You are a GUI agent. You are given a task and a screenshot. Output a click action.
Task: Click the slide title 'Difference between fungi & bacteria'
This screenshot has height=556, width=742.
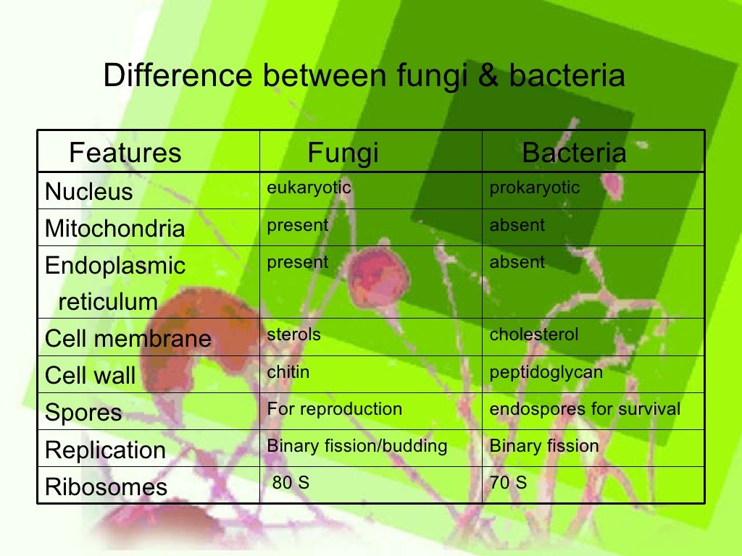click(x=364, y=76)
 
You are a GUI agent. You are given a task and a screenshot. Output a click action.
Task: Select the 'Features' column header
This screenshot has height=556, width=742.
click(x=125, y=153)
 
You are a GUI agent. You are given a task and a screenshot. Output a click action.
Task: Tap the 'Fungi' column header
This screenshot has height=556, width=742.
click(x=343, y=153)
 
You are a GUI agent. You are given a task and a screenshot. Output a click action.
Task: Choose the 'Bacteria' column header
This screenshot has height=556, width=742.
click(x=574, y=153)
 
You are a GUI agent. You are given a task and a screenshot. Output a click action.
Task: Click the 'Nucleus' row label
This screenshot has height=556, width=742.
click(x=89, y=192)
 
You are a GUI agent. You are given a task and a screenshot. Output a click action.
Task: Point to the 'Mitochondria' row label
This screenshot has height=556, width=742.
click(x=115, y=229)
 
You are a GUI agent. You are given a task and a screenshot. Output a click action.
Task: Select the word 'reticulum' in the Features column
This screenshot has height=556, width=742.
click(x=108, y=302)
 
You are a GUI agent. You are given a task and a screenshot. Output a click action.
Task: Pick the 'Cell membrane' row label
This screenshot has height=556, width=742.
click(x=128, y=339)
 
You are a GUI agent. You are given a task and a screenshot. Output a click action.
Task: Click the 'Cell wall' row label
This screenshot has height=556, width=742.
click(x=91, y=376)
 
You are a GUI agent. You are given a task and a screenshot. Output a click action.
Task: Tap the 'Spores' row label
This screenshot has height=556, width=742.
click(x=83, y=413)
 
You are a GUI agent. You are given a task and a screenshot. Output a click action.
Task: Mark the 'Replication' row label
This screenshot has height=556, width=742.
click(x=106, y=450)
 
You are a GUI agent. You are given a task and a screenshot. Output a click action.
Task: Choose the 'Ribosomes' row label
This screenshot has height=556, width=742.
click(x=106, y=486)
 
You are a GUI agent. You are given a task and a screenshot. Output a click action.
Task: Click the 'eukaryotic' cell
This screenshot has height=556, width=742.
click(x=309, y=188)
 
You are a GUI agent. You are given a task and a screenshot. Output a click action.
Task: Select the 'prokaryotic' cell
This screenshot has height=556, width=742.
click(x=535, y=188)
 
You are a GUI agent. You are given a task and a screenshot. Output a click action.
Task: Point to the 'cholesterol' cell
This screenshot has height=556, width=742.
click(x=534, y=334)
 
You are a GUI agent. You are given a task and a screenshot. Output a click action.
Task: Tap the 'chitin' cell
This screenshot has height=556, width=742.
click(x=288, y=372)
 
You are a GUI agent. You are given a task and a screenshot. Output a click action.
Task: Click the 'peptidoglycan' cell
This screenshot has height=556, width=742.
click(x=546, y=372)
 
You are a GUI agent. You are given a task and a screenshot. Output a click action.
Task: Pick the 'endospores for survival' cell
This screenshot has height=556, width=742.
click(x=585, y=409)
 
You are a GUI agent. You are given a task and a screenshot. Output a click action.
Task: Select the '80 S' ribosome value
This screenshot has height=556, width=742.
click(x=291, y=482)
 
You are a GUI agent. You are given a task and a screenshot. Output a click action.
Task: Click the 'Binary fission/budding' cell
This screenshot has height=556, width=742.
click(x=357, y=446)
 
